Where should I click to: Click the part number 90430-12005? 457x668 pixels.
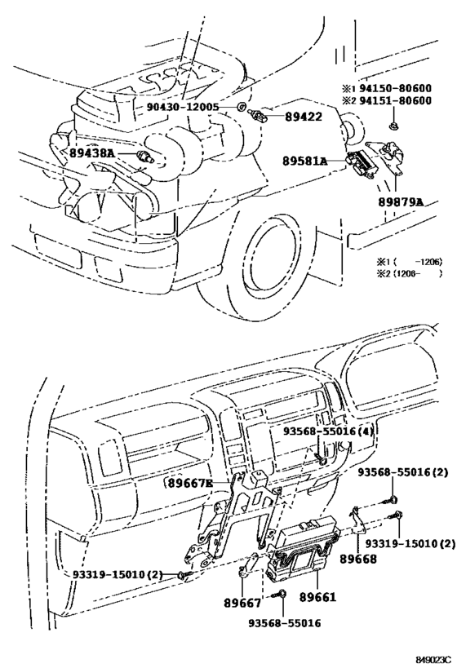point(183,107)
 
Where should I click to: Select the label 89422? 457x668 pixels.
point(303,116)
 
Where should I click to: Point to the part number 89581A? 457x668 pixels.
point(305,161)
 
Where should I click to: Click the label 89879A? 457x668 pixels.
point(401,202)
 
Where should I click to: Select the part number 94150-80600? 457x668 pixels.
point(395,88)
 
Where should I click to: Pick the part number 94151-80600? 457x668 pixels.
point(395,100)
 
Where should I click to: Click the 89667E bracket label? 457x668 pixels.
point(189,483)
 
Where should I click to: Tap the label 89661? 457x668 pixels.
point(317,597)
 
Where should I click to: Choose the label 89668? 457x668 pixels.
point(358,559)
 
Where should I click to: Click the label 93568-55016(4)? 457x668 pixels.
point(328,431)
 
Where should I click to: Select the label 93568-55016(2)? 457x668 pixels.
point(402,472)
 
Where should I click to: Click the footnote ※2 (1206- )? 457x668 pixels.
point(409,273)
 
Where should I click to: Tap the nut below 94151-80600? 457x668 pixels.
point(393,126)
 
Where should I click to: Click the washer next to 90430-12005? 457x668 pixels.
point(241,107)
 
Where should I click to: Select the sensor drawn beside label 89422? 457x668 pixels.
point(257,115)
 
